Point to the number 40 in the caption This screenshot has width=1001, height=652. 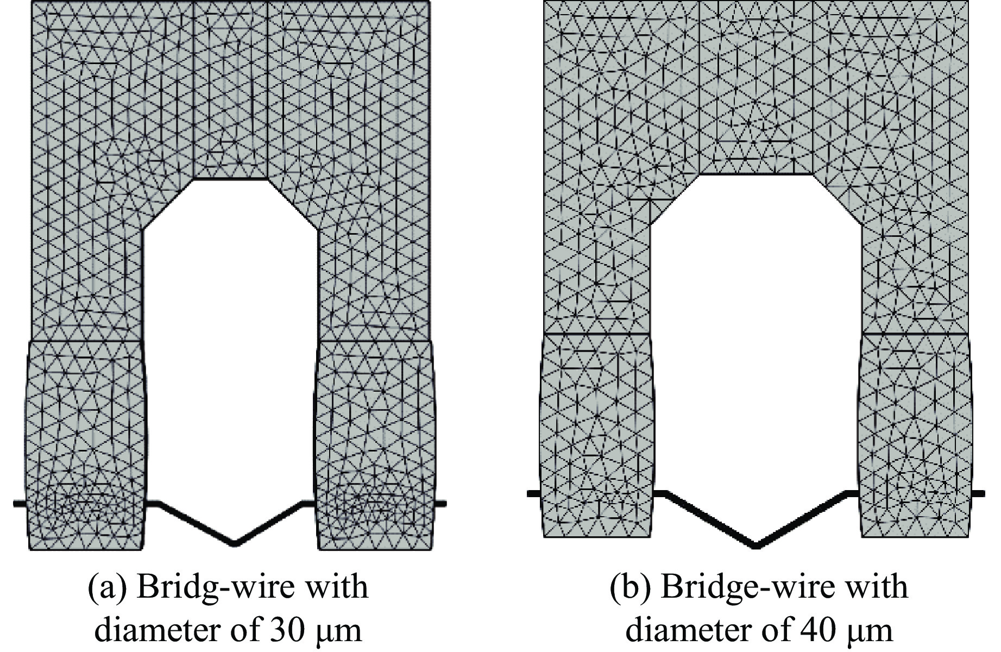pos(816,631)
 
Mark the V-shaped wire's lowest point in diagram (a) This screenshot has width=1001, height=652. pos(235,542)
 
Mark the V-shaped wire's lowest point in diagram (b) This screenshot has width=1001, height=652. pos(756,545)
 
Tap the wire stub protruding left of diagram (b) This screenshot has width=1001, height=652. pos(534,493)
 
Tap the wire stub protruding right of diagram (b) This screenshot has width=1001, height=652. pos(977,493)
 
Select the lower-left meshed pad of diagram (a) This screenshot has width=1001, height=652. pos(86,445)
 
